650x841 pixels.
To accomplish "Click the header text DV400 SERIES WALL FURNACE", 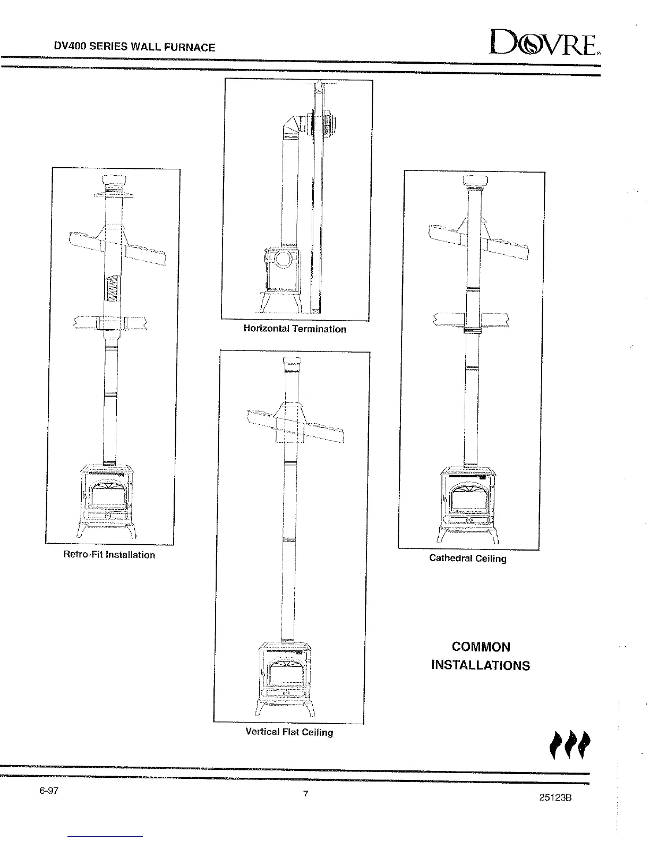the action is (135, 47).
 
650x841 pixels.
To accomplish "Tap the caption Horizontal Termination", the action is (295, 329).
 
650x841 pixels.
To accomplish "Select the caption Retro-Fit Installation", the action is (109, 555).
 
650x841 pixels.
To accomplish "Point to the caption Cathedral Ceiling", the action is (467, 558).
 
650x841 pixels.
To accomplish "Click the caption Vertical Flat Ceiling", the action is (289, 732).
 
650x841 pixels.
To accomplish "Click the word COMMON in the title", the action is (481, 647).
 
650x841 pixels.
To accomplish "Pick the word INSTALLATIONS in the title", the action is (481, 665).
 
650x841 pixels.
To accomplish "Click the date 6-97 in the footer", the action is (48, 791).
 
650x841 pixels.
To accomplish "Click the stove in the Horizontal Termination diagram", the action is (281, 276).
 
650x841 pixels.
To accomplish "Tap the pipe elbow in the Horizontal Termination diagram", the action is (291, 126).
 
